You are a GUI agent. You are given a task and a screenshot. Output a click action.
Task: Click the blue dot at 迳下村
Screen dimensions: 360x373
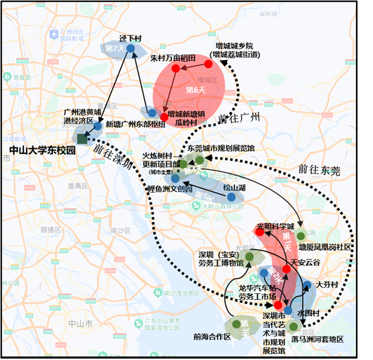pyautogui.click(x=130, y=48)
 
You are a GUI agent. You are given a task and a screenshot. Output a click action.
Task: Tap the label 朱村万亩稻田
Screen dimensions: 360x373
pyautogui.click(x=173, y=58)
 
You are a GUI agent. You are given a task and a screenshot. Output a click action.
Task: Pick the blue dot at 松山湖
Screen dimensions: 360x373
pyautogui.click(x=231, y=196)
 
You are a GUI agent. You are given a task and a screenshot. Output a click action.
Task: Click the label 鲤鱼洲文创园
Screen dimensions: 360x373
pyautogui.click(x=170, y=188)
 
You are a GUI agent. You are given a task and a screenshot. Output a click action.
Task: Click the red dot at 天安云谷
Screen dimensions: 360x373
pyautogui.click(x=286, y=269)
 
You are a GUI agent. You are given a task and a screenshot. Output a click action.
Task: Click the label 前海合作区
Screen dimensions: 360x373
pyautogui.click(x=212, y=337)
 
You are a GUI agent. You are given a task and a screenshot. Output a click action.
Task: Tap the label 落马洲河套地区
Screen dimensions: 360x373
pyautogui.click(x=317, y=340)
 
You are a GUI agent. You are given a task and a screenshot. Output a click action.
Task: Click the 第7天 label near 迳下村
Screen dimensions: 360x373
pyautogui.click(x=114, y=48)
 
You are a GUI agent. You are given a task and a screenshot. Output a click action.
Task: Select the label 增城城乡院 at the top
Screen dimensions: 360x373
pyautogui.click(x=234, y=46)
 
